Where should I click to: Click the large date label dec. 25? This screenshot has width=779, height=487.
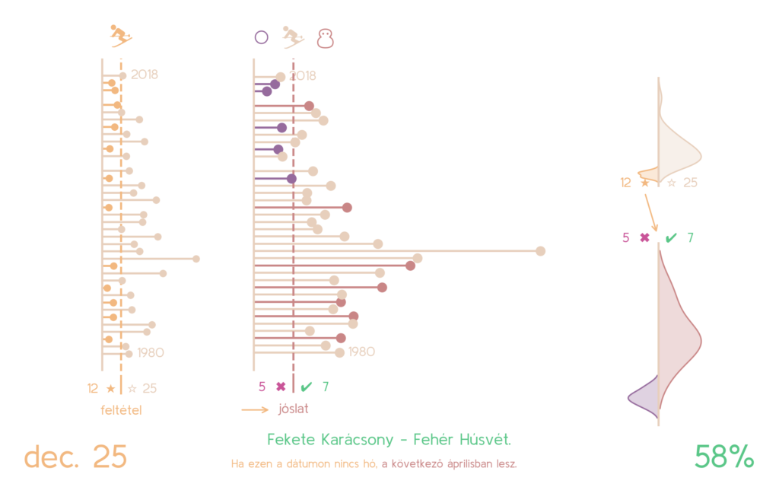pos(75,457)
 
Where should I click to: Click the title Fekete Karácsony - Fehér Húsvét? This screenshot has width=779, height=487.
pos(389,440)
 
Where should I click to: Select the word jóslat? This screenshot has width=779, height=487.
pos(293,409)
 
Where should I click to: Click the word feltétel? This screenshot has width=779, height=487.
pos(122,410)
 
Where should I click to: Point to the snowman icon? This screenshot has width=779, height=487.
pos(326,38)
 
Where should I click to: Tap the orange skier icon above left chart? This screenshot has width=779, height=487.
pos(119,34)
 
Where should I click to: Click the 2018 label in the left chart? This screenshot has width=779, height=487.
pos(144,75)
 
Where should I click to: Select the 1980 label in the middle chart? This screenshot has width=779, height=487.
pos(361,352)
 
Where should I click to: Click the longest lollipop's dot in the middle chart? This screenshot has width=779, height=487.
pos(540,251)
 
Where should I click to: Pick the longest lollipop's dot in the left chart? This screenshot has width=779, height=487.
pos(196,259)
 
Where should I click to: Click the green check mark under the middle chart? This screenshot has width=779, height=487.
pos(307,387)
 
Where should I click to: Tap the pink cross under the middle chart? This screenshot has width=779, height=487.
pos(281,387)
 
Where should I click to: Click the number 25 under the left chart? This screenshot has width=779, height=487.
pos(149,388)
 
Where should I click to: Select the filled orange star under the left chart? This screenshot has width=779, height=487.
pos(111,388)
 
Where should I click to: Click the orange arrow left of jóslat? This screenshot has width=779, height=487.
pos(255,409)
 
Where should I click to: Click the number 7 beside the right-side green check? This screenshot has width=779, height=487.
pos(690,237)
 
